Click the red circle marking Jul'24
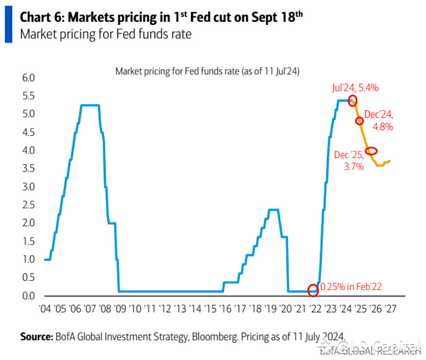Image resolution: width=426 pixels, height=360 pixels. (x=352, y=100)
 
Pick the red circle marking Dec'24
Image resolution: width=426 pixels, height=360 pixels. (x=360, y=120)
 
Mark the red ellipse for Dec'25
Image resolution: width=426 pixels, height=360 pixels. (x=371, y=151)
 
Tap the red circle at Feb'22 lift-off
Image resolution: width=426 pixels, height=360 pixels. (x=313, y=290)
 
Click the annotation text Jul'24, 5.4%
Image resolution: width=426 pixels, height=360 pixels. (x=355, y=88)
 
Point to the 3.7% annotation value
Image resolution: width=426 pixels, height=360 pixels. (x=353, y=165)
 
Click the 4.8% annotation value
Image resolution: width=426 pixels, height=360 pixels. (x=383, y=127)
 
